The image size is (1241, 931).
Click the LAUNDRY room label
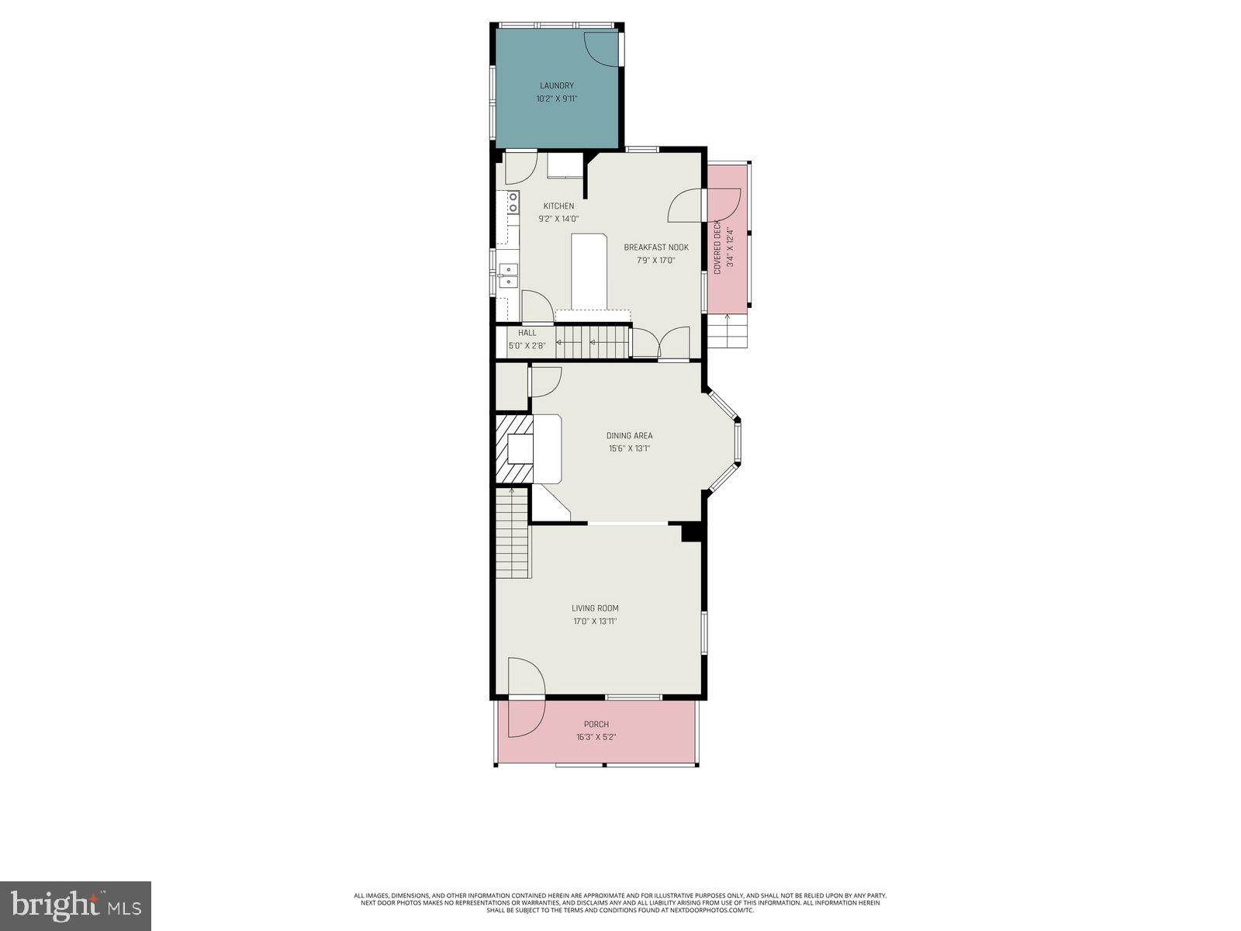pyautogui.click(x=557, y=85)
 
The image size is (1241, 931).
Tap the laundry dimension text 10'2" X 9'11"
pyautogui.click(x=557, y=99)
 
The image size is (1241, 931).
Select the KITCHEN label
pyautogui.click(x=558, y=206)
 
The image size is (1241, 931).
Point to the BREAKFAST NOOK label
pyautogui.click(x=656, y=247)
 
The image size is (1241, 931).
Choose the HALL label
pyautogui.click(x=527, y=333)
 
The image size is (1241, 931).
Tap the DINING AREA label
pyautogui.click(x=629, y=435)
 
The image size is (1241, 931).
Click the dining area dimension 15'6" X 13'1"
pyautogui.click(x=629, y=448)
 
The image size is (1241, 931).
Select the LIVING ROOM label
pyautogui.click(x=595, y=608)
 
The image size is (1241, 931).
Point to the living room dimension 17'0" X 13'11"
pyautogui.click(x=595, y=621)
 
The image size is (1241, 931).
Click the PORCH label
pyautogui.click(x=596, y=724)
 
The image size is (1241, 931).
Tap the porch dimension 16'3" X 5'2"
pyautogui.click(x=596, y=737)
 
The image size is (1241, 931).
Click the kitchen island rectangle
pyautogui.click(x=588, y=272)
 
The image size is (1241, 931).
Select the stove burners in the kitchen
pyautogui.click(x=513, y=203)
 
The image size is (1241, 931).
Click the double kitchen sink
pyautogui.click(x=508, y=275)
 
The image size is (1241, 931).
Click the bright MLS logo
pyautogui.click(x=75, y=905)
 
